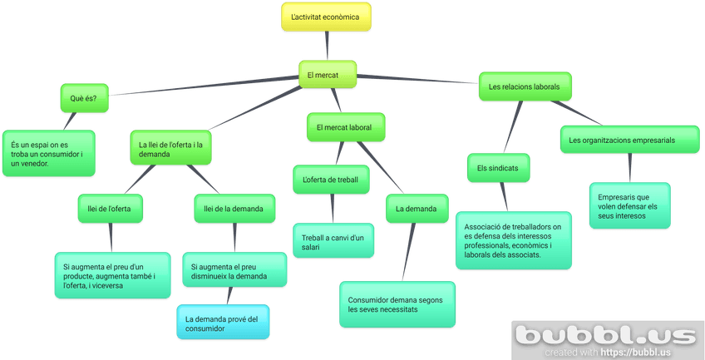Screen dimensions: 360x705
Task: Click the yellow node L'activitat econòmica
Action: [x=326, y=17]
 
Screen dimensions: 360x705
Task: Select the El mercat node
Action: [x=328, y=76]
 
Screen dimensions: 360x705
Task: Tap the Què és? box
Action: [x=84, y=98]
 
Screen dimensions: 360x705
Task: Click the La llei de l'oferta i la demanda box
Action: [x=171, y=150]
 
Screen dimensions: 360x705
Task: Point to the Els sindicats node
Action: [x=498, y=167]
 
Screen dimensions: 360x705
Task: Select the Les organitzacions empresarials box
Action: [x=629, y=141]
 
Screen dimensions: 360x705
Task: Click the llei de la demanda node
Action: [x=234, y=208]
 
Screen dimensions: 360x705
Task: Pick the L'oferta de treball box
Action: [x=331, y=179]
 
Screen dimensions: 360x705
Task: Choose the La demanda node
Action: [x=417, y=208]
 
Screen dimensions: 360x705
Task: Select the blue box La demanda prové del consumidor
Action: [x=224, y=323]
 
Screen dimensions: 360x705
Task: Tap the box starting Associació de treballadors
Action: [x=514, y=240]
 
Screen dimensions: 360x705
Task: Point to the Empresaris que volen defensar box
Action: [x=629, y=205]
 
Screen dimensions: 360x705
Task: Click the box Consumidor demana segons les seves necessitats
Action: [x=397, y=304]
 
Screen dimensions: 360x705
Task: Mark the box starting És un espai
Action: [x=47, y=154]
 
